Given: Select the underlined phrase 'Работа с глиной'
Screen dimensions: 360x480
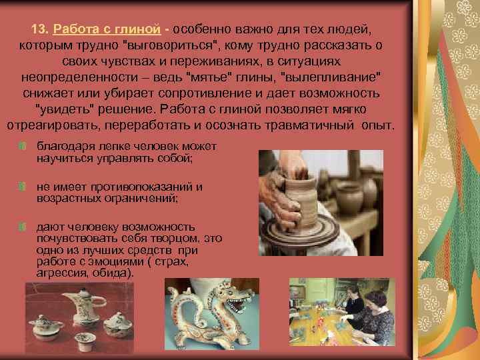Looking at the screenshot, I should coord(107,30).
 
